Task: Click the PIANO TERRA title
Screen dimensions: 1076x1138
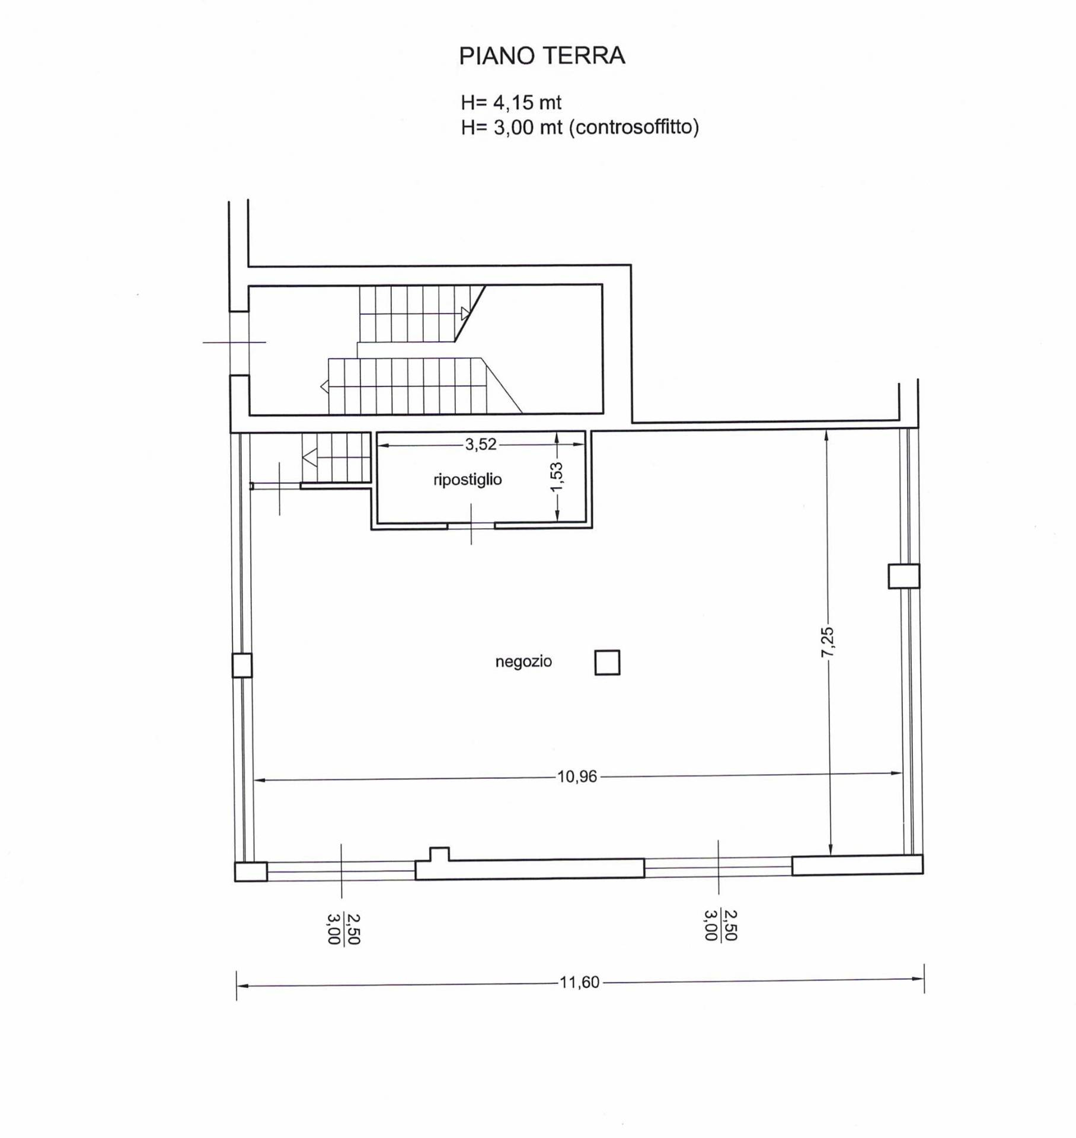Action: click(542, 56)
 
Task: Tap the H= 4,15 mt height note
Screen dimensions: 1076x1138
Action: click(510, 103)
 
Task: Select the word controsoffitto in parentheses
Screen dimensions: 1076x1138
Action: click(634, 127)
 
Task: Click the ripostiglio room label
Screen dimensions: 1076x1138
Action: click(467, 480)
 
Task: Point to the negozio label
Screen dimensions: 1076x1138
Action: click(523, 661)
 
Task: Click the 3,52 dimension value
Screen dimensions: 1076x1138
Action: click(481, 445)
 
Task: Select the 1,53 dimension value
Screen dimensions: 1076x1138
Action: click(556, 477)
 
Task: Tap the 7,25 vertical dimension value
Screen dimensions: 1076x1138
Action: click(828, 642)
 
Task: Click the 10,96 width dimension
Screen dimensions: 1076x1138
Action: click(577, 777)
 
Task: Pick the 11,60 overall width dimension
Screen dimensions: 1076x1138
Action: click(579, 983)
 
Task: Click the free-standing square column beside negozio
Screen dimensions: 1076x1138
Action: click(607, 662)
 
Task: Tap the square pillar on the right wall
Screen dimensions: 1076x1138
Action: click(903, 576)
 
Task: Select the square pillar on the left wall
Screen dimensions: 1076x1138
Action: click(242, 666)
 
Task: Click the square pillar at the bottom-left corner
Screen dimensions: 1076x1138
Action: click(251, 872)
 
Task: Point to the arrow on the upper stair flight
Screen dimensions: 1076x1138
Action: click(465, 314)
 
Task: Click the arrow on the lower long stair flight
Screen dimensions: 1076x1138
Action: click(324, 387)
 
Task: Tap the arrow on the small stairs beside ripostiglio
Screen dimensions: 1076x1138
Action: click(309, 458)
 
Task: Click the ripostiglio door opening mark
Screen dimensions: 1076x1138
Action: click(471, 525)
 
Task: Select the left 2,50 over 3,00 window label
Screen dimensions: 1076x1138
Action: click(343, 929)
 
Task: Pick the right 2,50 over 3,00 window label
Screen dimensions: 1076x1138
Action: click(720, 925)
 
